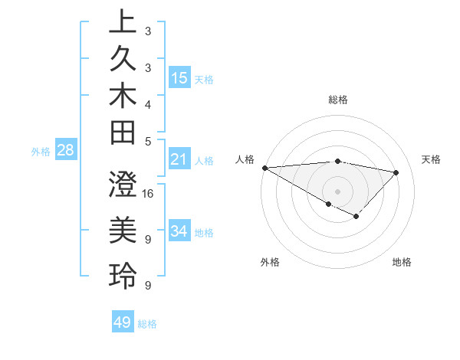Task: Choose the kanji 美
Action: tap(122, 229)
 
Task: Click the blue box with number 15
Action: tap(179, 77)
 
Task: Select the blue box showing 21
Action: tap(179, 159)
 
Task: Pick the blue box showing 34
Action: tap(179, 231)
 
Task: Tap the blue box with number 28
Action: tap(66, 150)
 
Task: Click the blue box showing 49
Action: tap(123, 322)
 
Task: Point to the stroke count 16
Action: tap(148, 193)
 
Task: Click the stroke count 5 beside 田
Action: tap(148, 141)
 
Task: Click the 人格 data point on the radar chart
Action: tap(264, 168)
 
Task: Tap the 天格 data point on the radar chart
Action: tap(396, 172)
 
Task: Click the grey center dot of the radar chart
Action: tap(337, 191)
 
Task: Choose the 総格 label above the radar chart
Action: tap(338, 100)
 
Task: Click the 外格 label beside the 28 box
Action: tap(41, 151)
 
